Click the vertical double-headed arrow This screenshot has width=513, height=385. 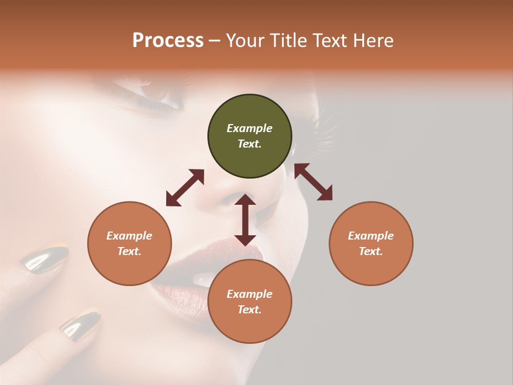(245, 220)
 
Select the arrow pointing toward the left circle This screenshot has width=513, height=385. (185, 188)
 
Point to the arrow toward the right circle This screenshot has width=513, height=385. (313, 182)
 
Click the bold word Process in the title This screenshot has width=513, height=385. (168, 41)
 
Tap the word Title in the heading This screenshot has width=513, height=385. (287, 41)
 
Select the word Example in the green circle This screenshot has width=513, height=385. (250, 128)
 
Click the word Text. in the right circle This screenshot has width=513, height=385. (371, 251)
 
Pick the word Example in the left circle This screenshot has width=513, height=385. (129, 236)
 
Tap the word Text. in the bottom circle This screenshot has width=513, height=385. (250, 310)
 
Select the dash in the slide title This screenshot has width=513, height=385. (215, 41)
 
